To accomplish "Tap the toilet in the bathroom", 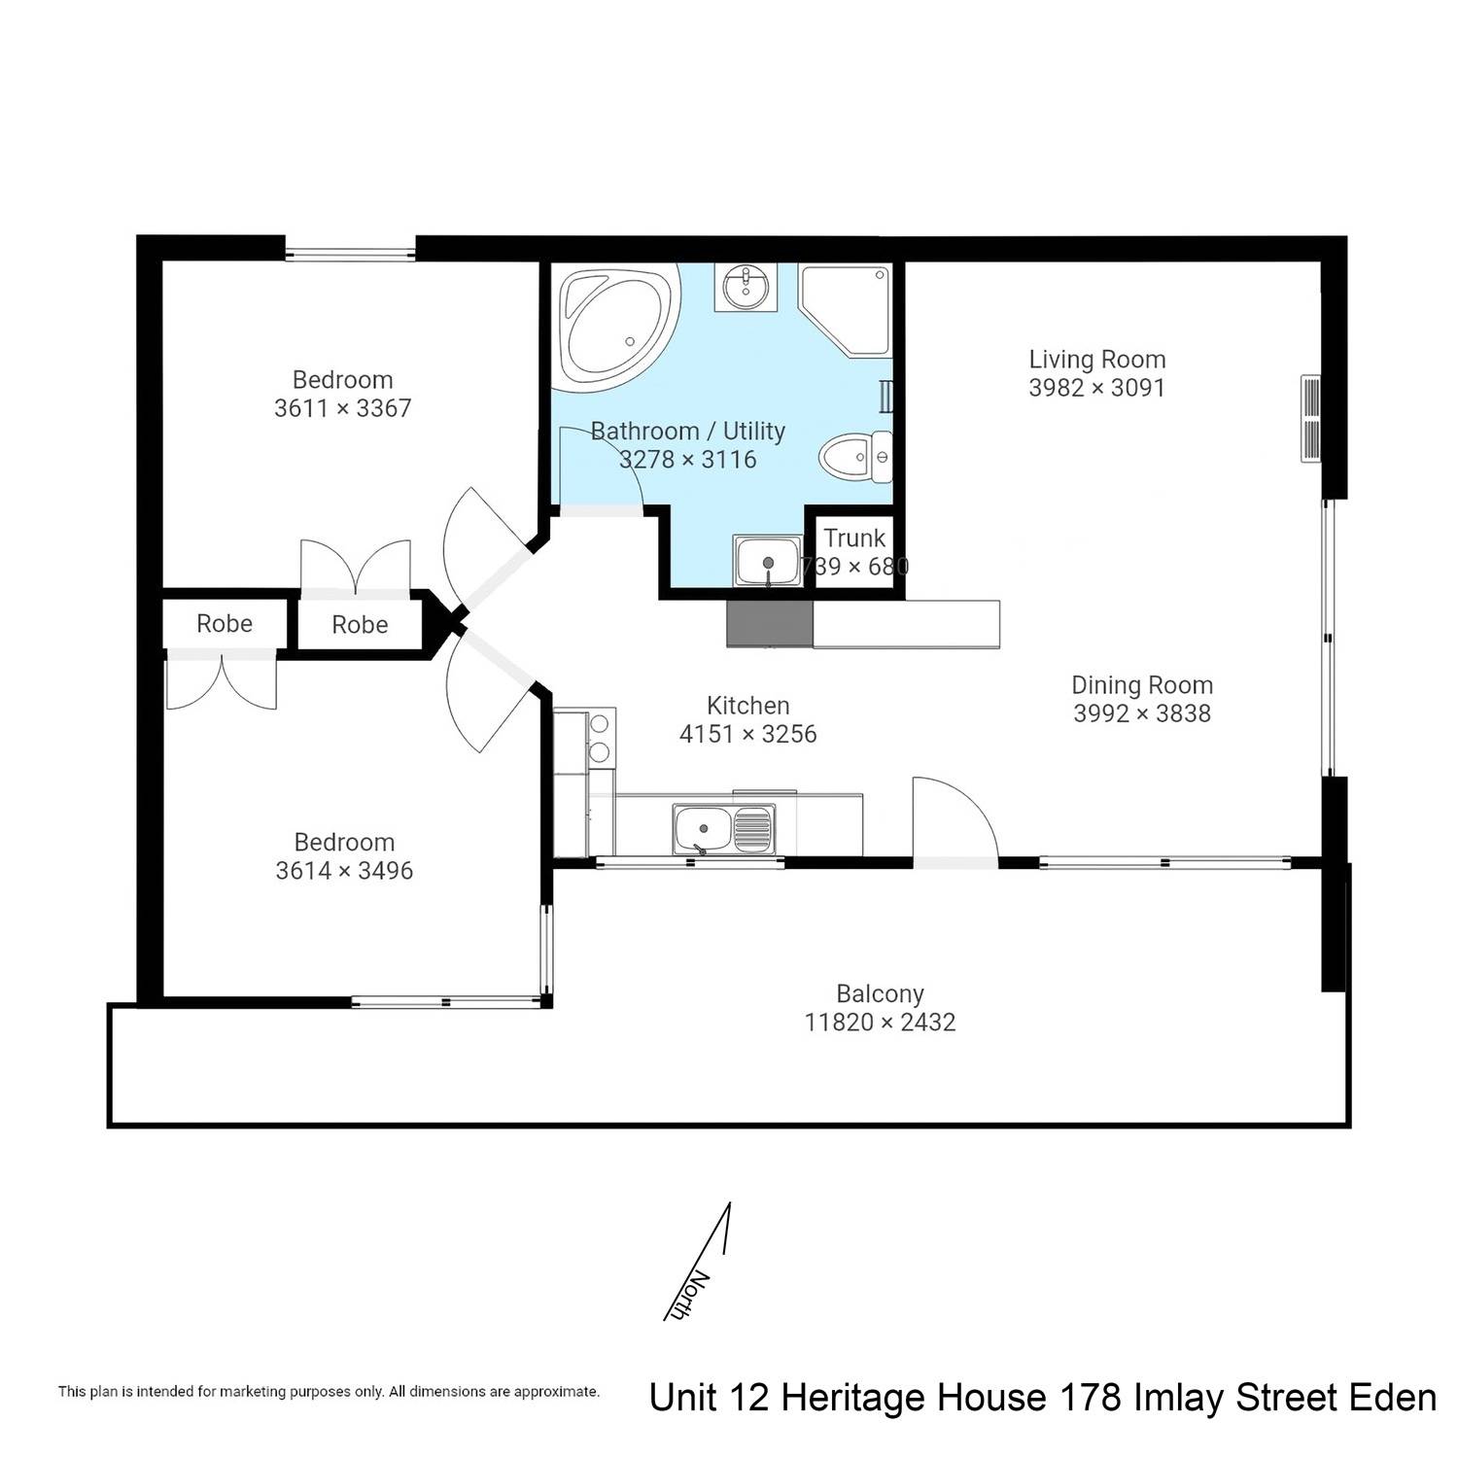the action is pos(856,457).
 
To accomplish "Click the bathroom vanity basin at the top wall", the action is pos(746,287).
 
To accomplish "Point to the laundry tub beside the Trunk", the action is pos(768,562).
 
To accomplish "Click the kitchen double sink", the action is pos(725,828).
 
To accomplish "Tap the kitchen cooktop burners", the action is pos(601,738).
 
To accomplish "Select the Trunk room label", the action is pos(854,538).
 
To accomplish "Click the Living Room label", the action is pos(1097,360).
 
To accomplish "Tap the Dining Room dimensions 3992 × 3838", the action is pos(1142,713).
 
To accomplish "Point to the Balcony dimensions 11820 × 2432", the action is pos(880,1023).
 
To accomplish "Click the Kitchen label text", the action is pos(747,706).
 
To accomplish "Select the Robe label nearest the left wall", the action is pos(225,624).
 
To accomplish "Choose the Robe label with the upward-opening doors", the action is pos(360,625).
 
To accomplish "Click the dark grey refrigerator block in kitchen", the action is pos(769,623).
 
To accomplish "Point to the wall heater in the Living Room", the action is pos(1311,419).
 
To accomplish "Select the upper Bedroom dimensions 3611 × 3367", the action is pos(343,408).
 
